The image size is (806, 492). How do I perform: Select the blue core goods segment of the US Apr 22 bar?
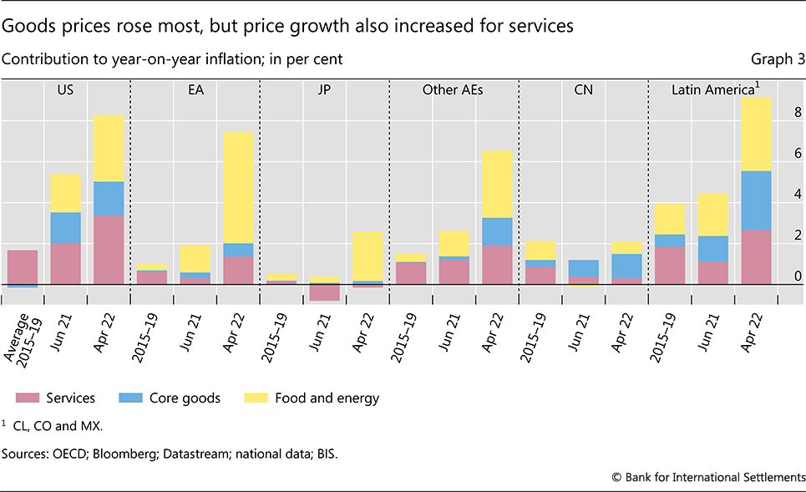coord(108,198)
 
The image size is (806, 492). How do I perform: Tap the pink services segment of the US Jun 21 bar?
coord(65,263)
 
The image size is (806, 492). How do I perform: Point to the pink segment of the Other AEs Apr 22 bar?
coord(496,264)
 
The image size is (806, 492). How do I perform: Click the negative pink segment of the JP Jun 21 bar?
coord(324,292)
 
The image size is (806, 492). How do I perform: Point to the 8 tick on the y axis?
coord(794,113)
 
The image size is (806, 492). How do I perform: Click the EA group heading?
coord(195,89)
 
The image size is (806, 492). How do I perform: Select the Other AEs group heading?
coord(454,89)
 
